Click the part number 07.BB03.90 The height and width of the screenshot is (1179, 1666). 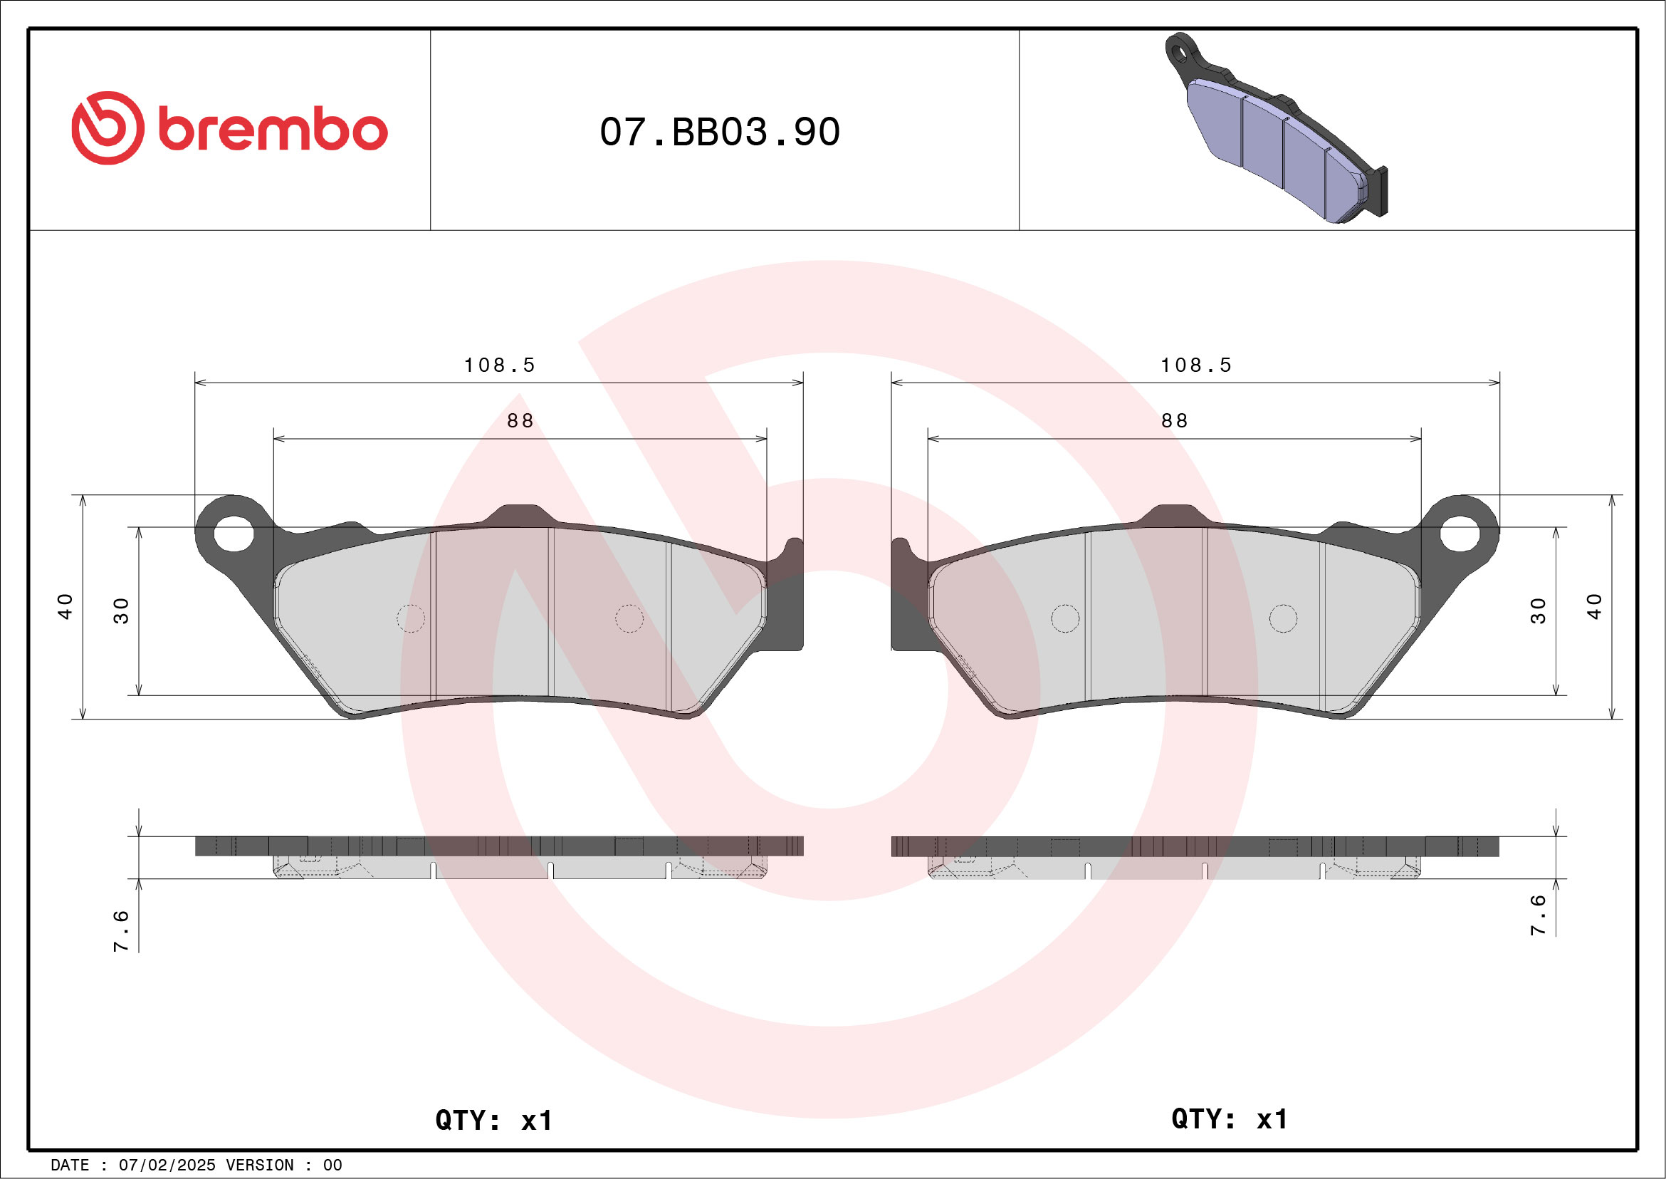coord(720,132)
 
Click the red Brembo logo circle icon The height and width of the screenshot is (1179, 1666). coord(108,128)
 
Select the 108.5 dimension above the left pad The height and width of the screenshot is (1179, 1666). coord(499,365)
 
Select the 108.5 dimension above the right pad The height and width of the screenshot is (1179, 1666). coord(1196,365)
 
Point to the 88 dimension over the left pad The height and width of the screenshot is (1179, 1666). coord(520,421)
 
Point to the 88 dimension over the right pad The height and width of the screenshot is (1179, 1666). coord(1175,421)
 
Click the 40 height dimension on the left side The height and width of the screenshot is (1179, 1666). coord(66,606)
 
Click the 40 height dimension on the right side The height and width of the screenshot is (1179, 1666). coord(1594,606)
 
